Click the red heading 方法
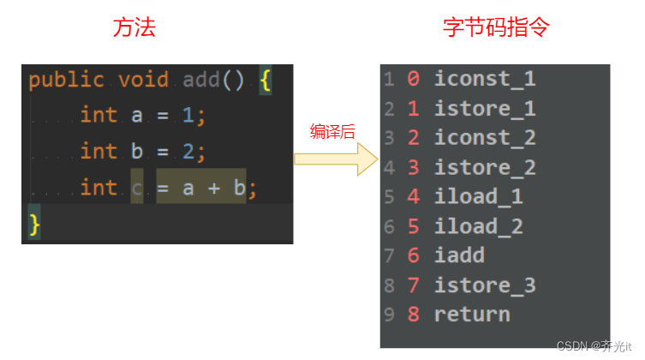[134, 27]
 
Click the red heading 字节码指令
[496, 27]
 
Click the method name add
[201, 81]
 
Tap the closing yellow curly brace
[34, 224]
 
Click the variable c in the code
[137, 187]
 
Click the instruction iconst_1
[484, 80]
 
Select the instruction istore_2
[484, 167]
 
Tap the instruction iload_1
[478, 196]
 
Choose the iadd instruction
[459, 255]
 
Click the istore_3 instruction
[484, 285]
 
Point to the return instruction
[471, 314]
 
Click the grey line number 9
[389, 315]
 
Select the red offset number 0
[413, 80]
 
